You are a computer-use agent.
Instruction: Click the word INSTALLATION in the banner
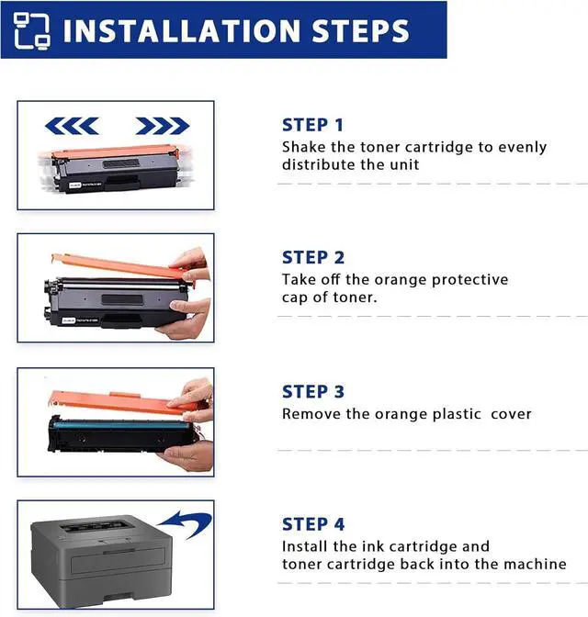181,30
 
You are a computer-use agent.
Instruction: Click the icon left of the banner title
31,30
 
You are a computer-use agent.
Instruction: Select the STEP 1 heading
312,125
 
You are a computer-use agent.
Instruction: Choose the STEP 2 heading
313,258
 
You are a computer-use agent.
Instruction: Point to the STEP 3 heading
313,391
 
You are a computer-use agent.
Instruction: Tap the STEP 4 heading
313,524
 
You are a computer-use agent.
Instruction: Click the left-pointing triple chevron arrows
72,126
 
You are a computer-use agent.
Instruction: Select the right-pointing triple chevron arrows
163,126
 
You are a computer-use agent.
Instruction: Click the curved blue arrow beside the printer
188,522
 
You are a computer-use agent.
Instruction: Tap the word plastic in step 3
457,414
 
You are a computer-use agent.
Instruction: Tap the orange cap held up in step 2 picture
119,264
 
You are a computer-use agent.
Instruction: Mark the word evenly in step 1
522,148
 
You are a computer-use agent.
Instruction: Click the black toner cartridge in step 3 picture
120,434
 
